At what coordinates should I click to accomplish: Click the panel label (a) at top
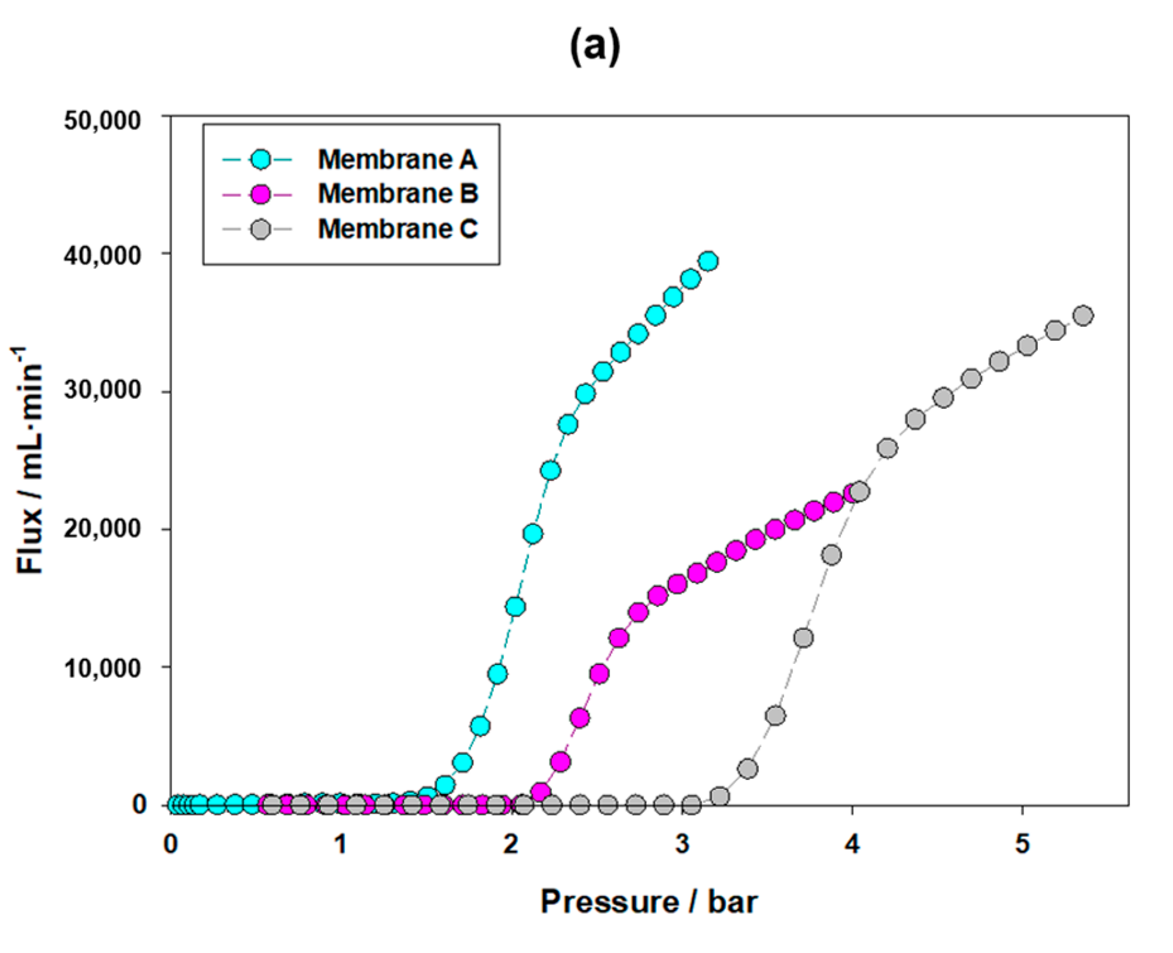click(x=594, y=47)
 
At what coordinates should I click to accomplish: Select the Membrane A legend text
click(x=397, y=160)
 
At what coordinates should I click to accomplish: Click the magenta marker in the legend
click(x=260, y=194)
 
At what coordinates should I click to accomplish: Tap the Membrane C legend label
click(x=397, y=228)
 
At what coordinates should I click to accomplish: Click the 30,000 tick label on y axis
click(x=102, y=390)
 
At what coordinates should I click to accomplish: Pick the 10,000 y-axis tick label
click(x=102, y=667)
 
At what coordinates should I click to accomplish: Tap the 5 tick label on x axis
click(x=1022, y=844)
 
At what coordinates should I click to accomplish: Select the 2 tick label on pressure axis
click(x=510, y=844)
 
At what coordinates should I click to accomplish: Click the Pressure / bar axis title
click(x=649, y=901)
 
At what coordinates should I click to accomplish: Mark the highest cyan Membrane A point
click(x=709, y=261)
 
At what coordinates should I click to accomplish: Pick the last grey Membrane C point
click(x=1083, y=316)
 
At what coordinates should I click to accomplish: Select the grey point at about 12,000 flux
click(x=803, y=638)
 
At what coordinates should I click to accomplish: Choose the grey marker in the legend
click(x=260, y=229)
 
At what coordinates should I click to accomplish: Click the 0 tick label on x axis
click(x=170, y=844)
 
